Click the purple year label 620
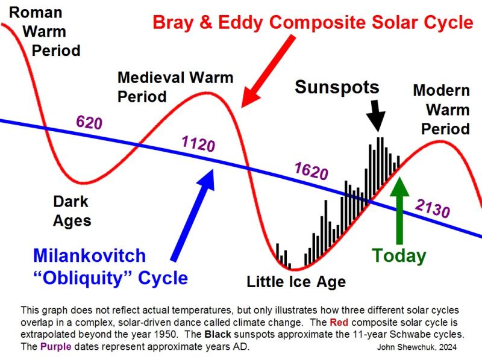[89, 122]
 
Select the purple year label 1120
[198, 143]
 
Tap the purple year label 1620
[311, 171]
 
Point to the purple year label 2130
[433, 208]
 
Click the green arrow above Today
[399, 211]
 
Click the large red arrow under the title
[268, 71]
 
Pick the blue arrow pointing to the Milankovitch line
[193, 215]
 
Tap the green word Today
[399, 256]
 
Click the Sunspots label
[337, 87]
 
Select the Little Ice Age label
[296, 282]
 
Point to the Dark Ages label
[72, 211]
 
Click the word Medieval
[151, 78]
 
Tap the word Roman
[36, 13]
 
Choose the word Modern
[442, 90]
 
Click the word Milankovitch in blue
[89, 256]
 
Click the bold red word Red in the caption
[339, 323]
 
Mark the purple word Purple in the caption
[55, 347]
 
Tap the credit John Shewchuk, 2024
[417, 347]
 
